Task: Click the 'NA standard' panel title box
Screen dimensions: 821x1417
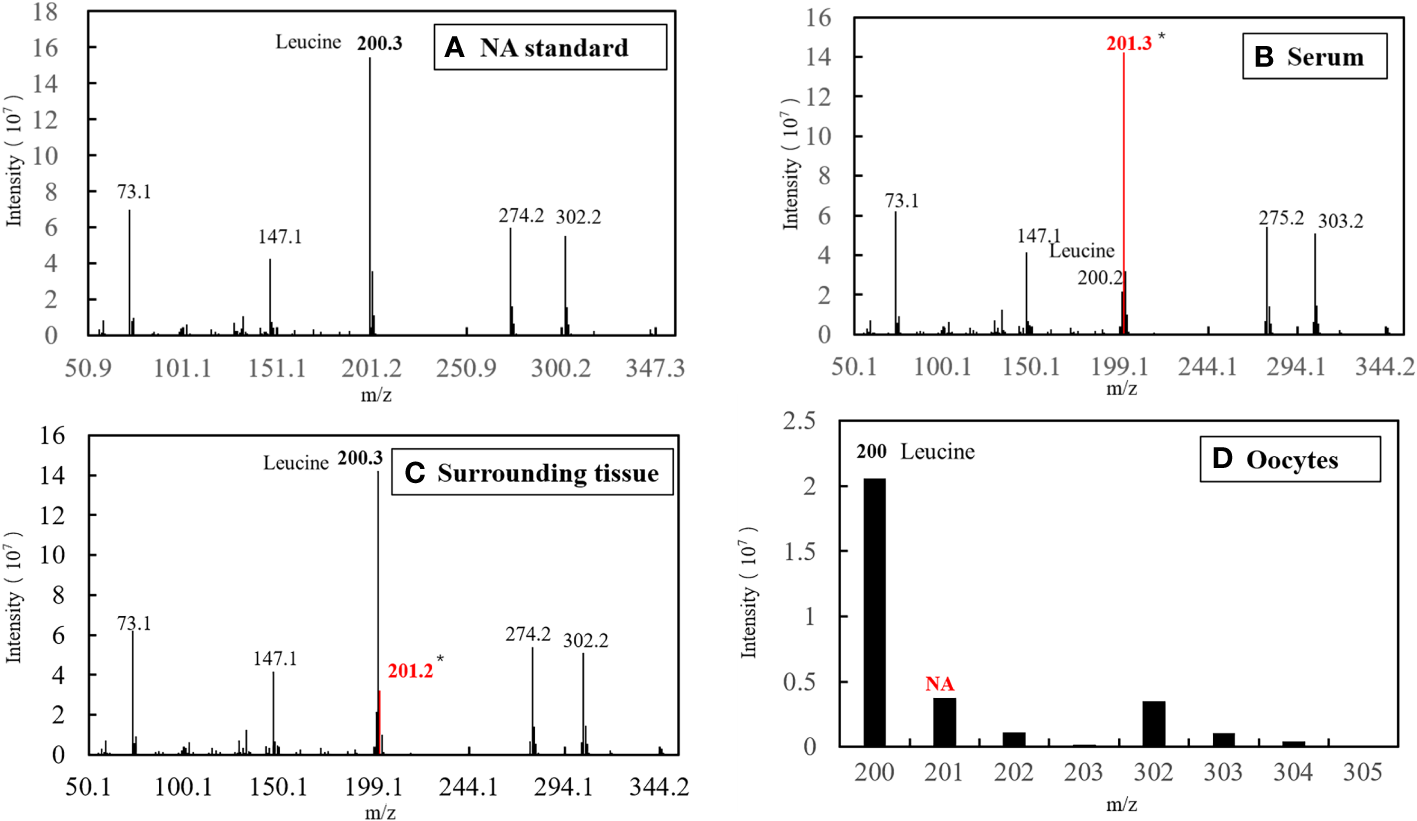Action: pos(549,47)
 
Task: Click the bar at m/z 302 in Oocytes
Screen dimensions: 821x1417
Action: pos(1153,723)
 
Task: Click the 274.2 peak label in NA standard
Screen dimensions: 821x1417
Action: pos(521,215)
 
